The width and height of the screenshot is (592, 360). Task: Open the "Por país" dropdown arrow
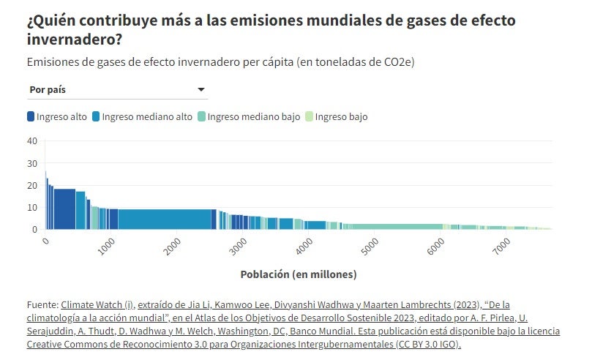pos(201,90)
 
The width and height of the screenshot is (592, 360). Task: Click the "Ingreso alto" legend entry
pos(57,116)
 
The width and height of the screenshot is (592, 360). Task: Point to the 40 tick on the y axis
pos(31,141)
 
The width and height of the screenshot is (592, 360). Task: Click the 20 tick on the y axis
pos(31,185)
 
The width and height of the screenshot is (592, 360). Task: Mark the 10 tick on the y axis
pos(31,207)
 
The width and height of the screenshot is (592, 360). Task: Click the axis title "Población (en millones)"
pos(298,274)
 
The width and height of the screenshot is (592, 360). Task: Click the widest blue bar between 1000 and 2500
pos(165,220)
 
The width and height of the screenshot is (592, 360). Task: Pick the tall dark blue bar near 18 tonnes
pos(64,209)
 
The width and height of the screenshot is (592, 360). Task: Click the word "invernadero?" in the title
pos(75,39)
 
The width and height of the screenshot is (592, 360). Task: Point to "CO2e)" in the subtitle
pos(399,62)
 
